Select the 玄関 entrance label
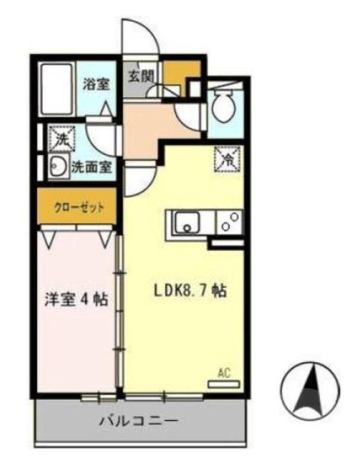pyautogui.click(x=142, y=76)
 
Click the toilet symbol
pyautogui.click(x=224, y=104)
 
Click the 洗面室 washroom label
pyautogui.click(x=91, y=168)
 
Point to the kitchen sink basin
pyautogui.click(x=187, y=223)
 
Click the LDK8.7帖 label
pyautogui.click(x=191, y=291)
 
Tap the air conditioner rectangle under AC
pyautogui.click(x=224, y=384)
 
